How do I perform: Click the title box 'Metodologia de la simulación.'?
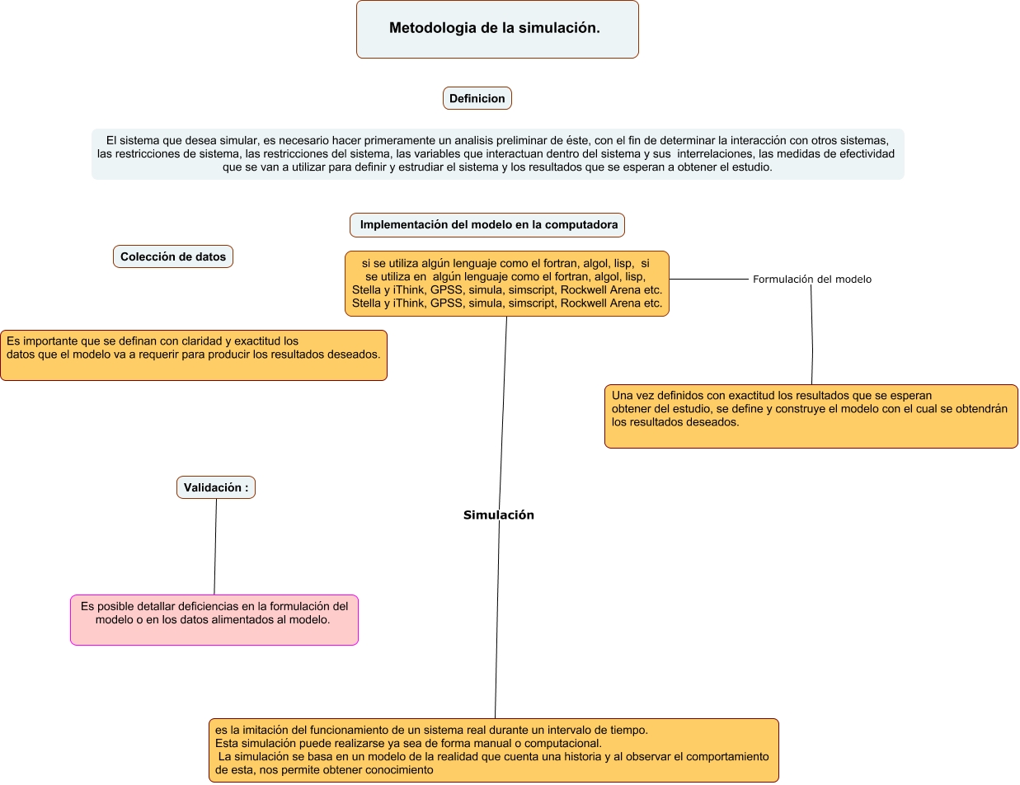(497, 29)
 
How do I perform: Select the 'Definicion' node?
(477, 98)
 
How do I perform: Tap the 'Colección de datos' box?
(172, 256)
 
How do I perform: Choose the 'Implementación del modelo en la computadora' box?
(486, 225)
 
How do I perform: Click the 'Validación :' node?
(216, 487)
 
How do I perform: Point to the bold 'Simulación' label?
(499, 515)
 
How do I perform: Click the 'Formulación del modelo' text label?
(811, 280)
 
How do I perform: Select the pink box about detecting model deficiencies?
(214, 620)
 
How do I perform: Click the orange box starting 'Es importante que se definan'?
(194, 355)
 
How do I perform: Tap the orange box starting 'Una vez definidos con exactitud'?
(811, 416)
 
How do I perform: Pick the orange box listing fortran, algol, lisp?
(506, 284)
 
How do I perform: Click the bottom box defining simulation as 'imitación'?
(493, 750)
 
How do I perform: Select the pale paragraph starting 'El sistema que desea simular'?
(497, 154)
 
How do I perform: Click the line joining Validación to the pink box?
(215, 547)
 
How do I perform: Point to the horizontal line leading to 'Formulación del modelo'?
(709, 280)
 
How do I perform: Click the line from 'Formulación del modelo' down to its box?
(812, 335)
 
